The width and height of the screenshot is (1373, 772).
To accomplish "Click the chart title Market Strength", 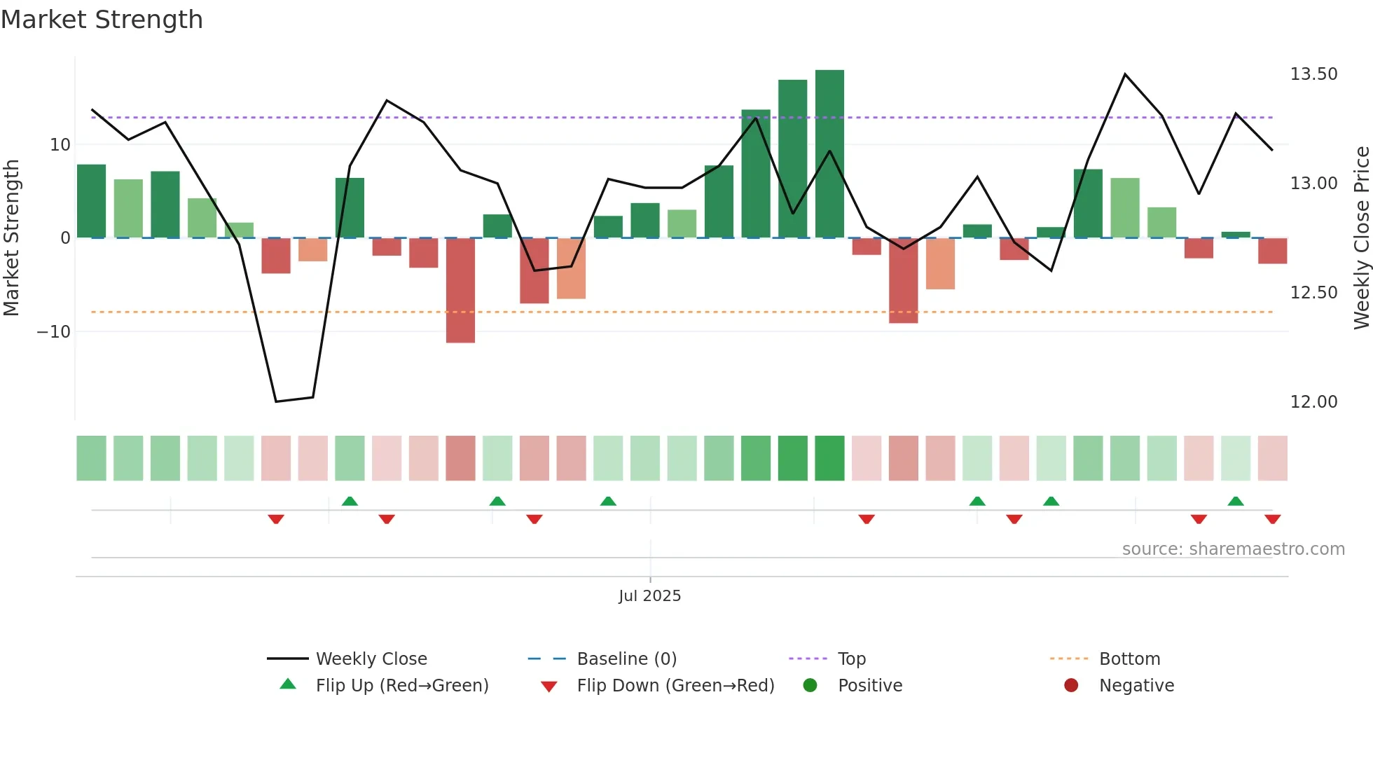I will tap(102, 20).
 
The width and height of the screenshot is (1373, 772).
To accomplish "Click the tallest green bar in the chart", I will tap(829, 154).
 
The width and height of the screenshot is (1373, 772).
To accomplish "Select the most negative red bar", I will tap(460, 290).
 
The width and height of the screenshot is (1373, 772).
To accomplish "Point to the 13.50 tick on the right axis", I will tap(1313, 74).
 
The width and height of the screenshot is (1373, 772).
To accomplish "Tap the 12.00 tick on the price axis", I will tap(1313, 402).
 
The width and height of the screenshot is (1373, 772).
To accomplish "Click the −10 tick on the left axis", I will tap(54, 332).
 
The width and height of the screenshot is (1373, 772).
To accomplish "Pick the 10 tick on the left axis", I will tap(60, 145).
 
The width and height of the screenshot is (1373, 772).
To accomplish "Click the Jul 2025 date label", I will tap(649, 596).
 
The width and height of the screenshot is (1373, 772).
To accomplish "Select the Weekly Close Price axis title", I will tap(1361, 238).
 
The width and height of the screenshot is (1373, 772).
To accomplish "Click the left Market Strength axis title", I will tap(12, 238).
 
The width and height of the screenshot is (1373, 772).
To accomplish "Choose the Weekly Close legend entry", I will tap(371, 659).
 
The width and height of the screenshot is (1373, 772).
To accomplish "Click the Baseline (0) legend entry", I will tap(626, 659).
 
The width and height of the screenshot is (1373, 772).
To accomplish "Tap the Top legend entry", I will tap(851, 659).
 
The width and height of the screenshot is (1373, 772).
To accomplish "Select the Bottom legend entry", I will tap(1129, 659).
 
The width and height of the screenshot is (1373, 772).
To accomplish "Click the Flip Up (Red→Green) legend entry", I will tap(401, 686).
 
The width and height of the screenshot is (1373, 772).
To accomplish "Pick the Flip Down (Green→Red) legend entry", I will tap(675, 686).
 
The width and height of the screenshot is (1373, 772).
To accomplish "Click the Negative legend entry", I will tap(1136, 686).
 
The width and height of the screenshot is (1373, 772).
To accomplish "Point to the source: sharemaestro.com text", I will tap(1233, 549).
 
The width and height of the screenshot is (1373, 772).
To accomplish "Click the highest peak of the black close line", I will tap(1125, 74).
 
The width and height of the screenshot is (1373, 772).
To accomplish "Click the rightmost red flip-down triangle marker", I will tap(1272, 519).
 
